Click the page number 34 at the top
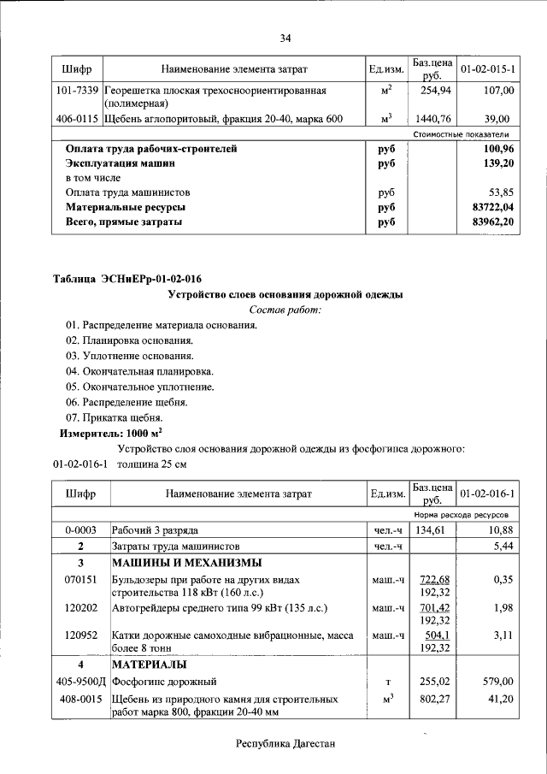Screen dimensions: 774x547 [x=285, y=38]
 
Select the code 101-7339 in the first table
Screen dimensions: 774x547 [x=79, y=90]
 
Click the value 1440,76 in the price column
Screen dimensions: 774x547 [x=431, y=119]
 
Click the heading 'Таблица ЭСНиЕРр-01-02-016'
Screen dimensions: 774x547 [x=127, y=279]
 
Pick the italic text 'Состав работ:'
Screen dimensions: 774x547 [x=285, y=310]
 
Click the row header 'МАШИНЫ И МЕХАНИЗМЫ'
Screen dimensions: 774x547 [x=187, y=563]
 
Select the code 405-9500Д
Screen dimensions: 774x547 [x=79, y=682]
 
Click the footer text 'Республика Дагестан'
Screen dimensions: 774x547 [x=285, y=744]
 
